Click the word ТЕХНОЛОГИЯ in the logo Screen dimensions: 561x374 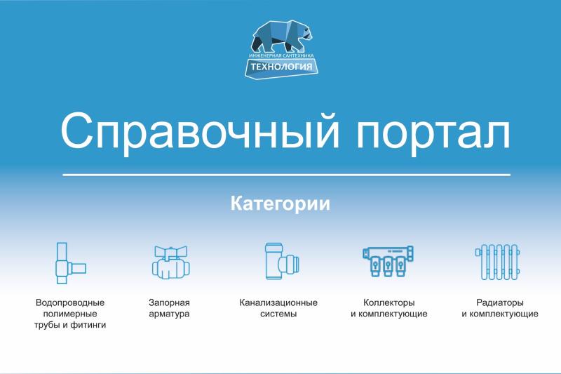click(x=281, y=67)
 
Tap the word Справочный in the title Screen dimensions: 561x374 click(x=200, y=131)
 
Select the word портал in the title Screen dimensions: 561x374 click(x=433, y=133)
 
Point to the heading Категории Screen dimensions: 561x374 click(x=280, y=203)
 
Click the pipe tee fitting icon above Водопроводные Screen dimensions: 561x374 click(x=71, y=263)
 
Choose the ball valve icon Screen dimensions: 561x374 click(x=170, y=262)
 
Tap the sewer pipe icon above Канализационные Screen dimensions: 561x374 click(x=282, y=261)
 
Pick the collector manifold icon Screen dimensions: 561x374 click(x=388, y=261)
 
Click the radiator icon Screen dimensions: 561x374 click(x=497, y=262)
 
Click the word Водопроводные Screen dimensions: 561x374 click(x=70, y=302)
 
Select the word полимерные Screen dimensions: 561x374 click(x=70, y=314)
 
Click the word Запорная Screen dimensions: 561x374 click(x=169, y=302)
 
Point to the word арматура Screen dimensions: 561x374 click(x=169, y=314)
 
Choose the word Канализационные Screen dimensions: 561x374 click(x=278, y=302)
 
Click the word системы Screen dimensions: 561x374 click(x=278, y=314)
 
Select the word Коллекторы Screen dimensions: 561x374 click(x=389, y=302)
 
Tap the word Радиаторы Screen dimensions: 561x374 click(x=500, y=302)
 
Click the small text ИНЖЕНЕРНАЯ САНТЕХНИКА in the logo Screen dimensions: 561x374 click(x=281, y=56)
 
